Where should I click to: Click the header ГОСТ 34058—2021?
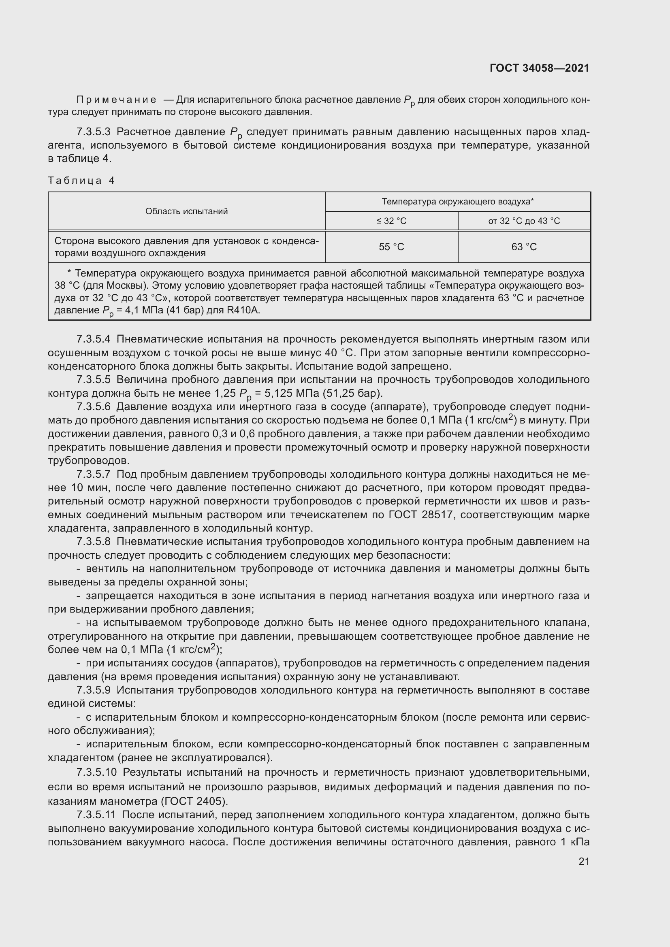(x=539, y=68)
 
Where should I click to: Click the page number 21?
(x=584, y=861)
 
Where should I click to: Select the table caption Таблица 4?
(x=81, y=180)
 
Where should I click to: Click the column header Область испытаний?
(x=186, y=211)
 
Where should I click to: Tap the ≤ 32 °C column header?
(x=391, y=221)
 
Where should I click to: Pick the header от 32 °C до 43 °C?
(x=524, y=221)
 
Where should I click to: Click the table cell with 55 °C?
(x=391, y=247)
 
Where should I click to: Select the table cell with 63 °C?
(x=524, y=247)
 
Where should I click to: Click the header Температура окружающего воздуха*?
(x=457, y=202)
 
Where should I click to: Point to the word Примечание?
(x=116, y=100)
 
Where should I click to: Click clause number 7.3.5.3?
(x=94, y=132)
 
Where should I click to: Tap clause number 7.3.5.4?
(x=94, y=339)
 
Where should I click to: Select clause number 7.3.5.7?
(x=94, y=475)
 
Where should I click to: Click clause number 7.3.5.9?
(x=94, y=690)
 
